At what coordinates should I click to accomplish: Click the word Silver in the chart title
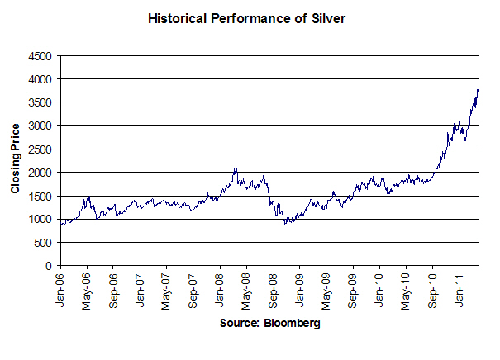(321, 17)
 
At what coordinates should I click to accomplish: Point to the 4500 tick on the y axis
(40, 55)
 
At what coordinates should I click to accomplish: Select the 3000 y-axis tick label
(40, 126)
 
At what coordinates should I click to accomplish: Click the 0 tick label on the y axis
(49, 266)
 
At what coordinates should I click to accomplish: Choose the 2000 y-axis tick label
(40, 173)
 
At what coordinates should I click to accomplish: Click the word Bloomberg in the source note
(292, 324)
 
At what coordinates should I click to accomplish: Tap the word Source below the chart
(240, 324)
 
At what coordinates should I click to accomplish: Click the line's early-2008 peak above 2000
(236, 168)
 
